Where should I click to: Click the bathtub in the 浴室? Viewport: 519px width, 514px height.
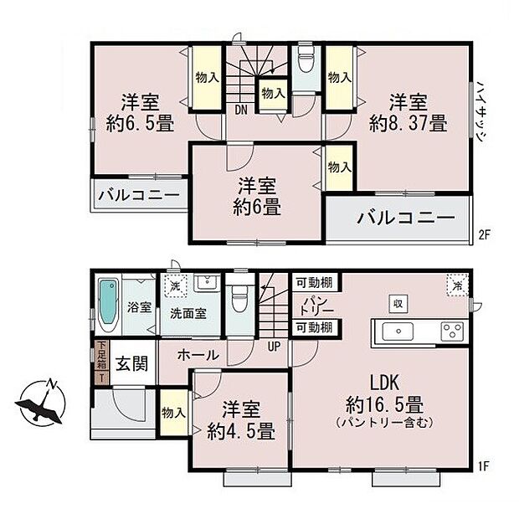108,306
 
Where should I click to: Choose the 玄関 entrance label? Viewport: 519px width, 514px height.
130,364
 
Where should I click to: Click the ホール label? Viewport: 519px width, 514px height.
198,356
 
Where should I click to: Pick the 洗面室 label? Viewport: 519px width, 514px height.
189,313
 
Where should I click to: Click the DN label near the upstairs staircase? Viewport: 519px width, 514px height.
239,109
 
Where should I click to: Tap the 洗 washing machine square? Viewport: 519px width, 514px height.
174,285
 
